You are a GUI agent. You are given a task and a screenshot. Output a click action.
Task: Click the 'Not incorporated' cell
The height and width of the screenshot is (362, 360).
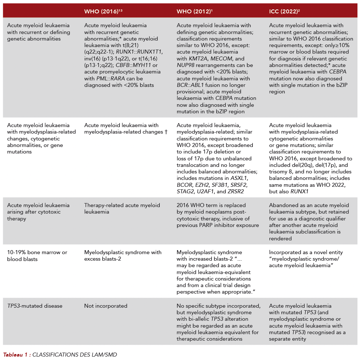(x=106, y=306)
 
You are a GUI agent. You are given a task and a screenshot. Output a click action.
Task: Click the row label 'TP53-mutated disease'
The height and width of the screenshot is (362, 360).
(x=35, y=306)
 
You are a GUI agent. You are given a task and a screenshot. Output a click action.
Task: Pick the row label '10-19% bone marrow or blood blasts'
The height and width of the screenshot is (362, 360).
(x=37, y=256)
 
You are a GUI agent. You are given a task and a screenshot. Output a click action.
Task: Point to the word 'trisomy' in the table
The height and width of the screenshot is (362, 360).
(x=279, y=172)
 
